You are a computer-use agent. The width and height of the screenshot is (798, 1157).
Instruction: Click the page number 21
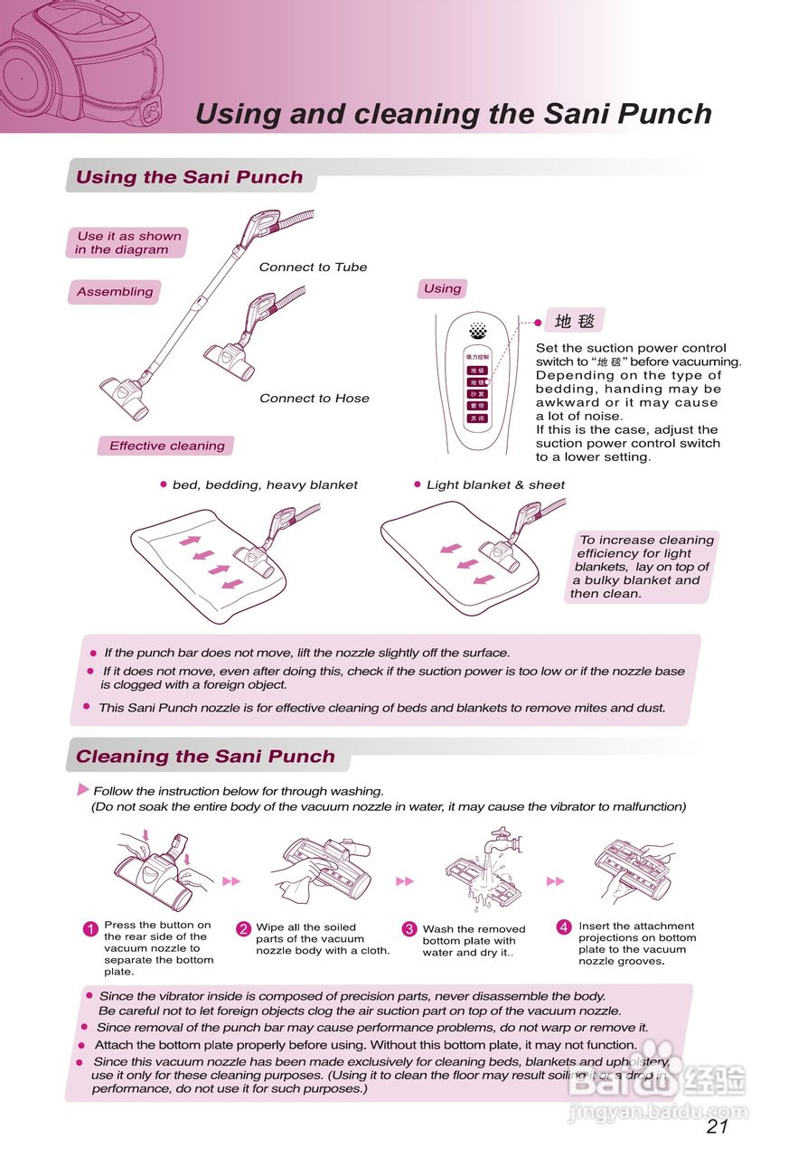pyautogui.click(x=717, y=1126)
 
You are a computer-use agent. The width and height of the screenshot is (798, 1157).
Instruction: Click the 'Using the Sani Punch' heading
pyautogui.click(x=190, y=177)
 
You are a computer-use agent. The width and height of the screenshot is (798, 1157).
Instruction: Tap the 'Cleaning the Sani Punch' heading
pyautogui.click(x=205, y=757)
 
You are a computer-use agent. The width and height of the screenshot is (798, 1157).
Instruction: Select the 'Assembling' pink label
pyautogui.click(x=115, y=292)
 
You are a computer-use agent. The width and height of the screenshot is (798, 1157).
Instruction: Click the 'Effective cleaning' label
pyautogui.click(x=167, y=446)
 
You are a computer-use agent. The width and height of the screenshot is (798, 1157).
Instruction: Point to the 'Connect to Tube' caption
pyautogui.click(x=313, y=267)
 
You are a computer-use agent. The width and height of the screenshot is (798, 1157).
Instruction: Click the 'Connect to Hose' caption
pyautogui.click(x=315, y=398)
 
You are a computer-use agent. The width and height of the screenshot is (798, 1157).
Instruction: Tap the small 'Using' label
pyautogui.click(x=442, y=289)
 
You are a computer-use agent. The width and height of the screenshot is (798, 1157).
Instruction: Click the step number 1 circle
pyautogui.click(x=89, y=929)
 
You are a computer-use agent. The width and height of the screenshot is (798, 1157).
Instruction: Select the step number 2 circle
pyautogui.click(x=243, y=929)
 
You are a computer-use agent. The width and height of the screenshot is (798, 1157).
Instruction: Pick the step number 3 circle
pyautogui.click(x=408, y=929)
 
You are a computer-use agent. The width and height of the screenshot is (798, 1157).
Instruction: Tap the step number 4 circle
pyautogui.click(x=564, y=927)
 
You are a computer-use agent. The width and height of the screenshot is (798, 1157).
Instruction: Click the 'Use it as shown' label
pyautogui.click(x=127, y=242)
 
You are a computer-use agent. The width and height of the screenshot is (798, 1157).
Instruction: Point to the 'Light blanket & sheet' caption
pyautogui.click(x=495, y=485)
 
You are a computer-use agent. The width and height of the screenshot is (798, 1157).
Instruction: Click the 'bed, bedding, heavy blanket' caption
pyautogui.click(x=265, y=485)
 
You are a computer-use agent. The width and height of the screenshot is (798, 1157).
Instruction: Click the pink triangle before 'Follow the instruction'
pyautogui.click(x=83, y=790)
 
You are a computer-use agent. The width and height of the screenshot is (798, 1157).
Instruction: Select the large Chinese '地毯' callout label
pyautogui.click(x=575, y=321)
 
